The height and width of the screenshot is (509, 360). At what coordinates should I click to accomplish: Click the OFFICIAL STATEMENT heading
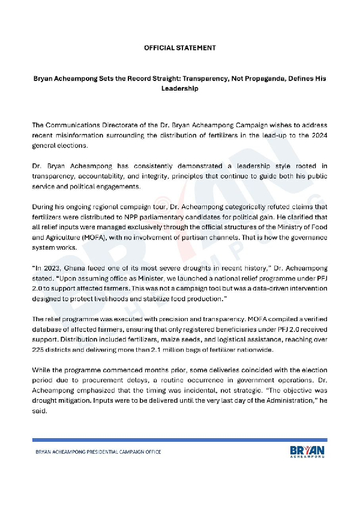click(x=179, y=47)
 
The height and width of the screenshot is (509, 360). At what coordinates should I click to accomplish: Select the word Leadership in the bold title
click(x=179, y=88)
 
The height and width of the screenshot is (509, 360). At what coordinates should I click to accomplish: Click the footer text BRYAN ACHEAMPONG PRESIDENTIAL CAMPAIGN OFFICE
click(x=97, y=452)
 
